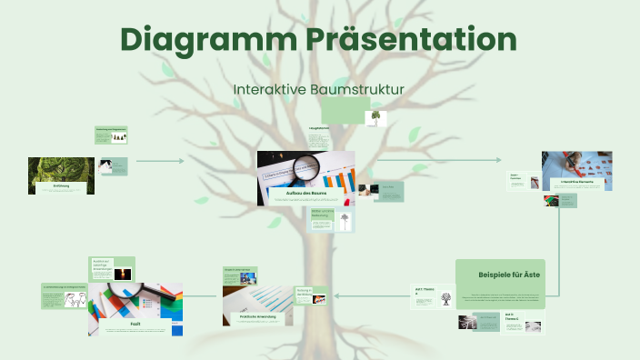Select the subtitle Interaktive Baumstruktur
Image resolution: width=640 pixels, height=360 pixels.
click(x=318, y=89)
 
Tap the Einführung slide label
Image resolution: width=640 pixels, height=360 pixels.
click(x=62, y=186)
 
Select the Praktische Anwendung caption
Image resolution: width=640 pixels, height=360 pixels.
click(x=257, y=316)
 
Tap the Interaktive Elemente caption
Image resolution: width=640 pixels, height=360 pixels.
click(x=577, y=183)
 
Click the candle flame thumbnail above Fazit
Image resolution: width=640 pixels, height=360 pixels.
click(x=122, y=274)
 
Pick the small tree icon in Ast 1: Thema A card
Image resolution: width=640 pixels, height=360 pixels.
click(x=445, y=299)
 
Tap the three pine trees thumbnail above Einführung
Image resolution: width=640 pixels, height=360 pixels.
click(x=117, y=137)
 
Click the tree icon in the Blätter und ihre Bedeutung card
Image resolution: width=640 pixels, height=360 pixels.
click(x=344, y=220)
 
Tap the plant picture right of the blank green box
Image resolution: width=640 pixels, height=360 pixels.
click(x=375, y=118)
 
